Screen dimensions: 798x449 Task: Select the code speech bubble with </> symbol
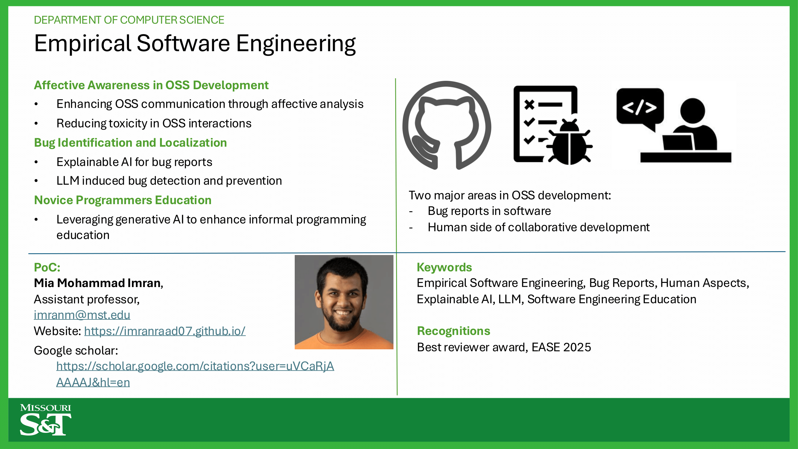pyautogui.click(x=640, y=108)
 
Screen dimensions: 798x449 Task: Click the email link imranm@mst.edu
pyautogui.click(x=82, y=315)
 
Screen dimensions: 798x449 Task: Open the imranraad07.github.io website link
pyautogui.click(x=165, y=331)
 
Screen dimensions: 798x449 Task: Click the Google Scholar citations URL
pyautogui.click(x=195, y=374)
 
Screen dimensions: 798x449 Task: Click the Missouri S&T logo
pyautogui.click(x=45, y=420)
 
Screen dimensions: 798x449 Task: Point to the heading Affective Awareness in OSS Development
pyautogui.click(x=151, y=85)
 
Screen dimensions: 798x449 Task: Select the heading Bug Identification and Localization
pyautogui.click(x=130, y=143)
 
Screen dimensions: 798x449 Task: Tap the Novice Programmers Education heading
pyautogui.click(x=123, y=200)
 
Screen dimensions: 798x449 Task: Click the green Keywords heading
pyautogui.click(x=444, y=267)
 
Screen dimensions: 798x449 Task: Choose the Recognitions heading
pyautogui.click(x=454, y=331)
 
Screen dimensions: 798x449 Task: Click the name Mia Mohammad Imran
pyautogui.click(x=97, y=283)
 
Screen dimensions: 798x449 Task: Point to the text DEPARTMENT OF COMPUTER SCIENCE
pyautogui.click(x=129, y=20)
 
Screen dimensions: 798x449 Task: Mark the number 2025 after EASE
pyautogui.click(x=577, y=347)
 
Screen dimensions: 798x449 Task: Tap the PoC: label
pyautogui.click(x=47, y=267)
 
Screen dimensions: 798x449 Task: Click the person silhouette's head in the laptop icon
pyautogui.click(x=693, y=111)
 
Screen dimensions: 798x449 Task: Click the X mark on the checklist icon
pyautogui.click(x=529, y=105)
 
